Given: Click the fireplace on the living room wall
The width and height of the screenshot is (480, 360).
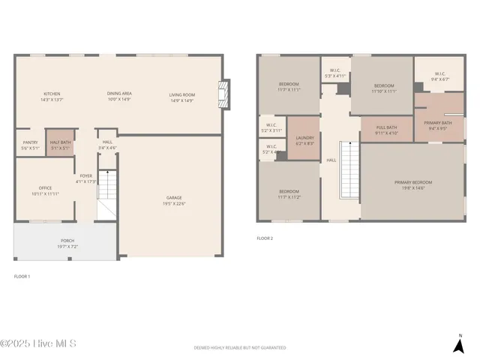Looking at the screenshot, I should pyautogui.click(x=223, y=94).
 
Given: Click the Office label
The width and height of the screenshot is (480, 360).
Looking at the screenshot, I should pyautogui.click(x=45, y=190).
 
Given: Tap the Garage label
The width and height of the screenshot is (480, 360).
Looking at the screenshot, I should pyautogui.click(x=174, y=200).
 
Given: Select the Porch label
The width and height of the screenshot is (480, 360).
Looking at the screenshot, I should pyautogui.click(x=67, y=243).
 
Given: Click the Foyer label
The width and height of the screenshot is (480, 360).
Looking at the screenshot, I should pyautogui.click(x=86, y=178).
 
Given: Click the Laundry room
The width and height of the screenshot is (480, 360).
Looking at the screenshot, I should pyautogui.click(x=304, y=139).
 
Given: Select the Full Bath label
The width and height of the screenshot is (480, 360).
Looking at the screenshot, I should pyautogui.click(x=386, y=130).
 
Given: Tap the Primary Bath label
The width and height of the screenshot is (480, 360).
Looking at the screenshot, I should pyautogui.click(x=437, y=124).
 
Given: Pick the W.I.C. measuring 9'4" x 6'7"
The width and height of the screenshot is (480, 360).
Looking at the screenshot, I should pyautogui.click(x=439, y=76).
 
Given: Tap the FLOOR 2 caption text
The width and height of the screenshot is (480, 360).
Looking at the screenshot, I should pyautogui.click(x=265, y=238).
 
